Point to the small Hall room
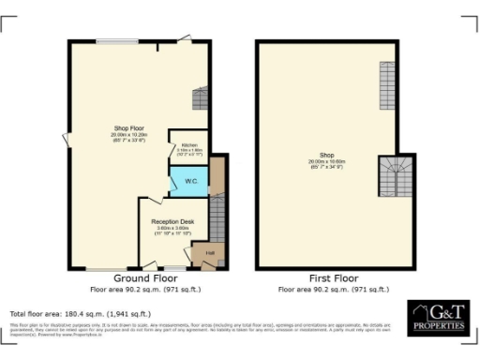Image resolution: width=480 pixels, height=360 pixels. tap(210, 253)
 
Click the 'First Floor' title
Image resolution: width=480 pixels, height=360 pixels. tap(333, 279)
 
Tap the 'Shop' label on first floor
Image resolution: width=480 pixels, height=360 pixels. tap(326, 155)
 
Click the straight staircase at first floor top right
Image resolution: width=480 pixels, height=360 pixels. tap(387, 84)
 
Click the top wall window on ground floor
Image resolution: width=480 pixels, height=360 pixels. tap(118, 40)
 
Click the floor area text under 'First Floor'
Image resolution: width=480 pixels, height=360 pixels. tap(333, 290)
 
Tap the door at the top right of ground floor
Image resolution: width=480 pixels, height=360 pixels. tap(186, 39)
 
